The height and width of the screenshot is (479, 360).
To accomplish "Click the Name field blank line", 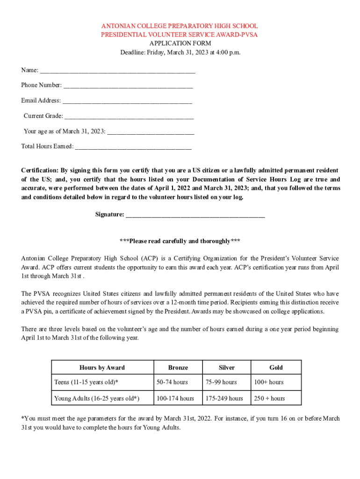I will [x=117, y=72].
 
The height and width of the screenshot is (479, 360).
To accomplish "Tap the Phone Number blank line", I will [x=128, y=87].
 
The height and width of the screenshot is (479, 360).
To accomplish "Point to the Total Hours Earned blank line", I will [x=133, y=148].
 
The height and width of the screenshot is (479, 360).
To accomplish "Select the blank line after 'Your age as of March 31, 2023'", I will [x=151, y=133].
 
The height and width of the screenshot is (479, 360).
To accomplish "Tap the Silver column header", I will [x=226, y=368].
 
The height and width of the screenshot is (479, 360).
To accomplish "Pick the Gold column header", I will [x=276, y=368].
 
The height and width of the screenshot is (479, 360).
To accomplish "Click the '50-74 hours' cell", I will [x=172, y=383].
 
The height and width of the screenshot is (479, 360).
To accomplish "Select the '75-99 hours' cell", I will [x=221, y=383].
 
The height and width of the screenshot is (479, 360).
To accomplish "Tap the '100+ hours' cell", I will [x=269, y=383].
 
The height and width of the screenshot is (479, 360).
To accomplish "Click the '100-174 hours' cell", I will [x=175, y=399].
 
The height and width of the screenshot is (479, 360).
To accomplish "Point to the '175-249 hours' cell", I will [x=224, y=399].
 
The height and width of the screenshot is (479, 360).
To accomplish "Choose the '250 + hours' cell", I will [x=269, y=399].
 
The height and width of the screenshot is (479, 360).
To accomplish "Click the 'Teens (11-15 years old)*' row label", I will [x=86, y=383].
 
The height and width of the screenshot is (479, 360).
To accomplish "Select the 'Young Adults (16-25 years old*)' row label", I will [x=97, y=399].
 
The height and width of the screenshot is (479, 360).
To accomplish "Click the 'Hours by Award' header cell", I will [x=102, y=368].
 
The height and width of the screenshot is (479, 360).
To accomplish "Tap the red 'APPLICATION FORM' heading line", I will [x=180, y=44].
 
